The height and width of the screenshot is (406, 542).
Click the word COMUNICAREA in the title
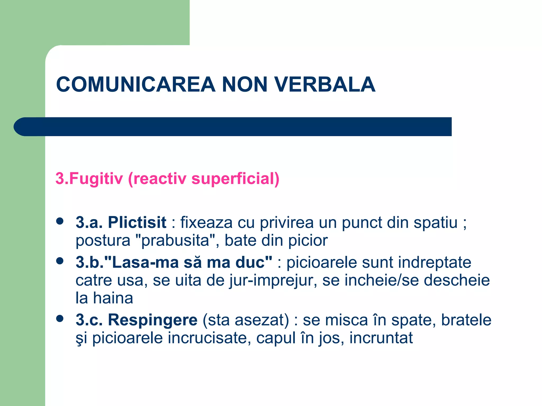pyautogui.click(x=136, y=85)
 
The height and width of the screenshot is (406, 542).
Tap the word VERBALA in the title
pyautogui.click(x=325, y=85)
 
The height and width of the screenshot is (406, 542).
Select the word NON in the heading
pyautogui.click(x=245, y=85)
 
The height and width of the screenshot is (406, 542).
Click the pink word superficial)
pyautogui.click(x=235, y=178)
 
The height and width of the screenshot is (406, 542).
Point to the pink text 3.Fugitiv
pyautogui.click(x=89, y=178)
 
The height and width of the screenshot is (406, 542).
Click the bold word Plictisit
pyautogui.click(x=137, y=222)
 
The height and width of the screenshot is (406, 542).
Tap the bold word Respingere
pyautogui.click(x=152, y=320)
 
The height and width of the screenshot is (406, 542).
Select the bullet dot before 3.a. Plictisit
pyautogui.click(x=60, y=221)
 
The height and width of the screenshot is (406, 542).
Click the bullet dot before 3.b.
pyautogui.click(x=60, y=261)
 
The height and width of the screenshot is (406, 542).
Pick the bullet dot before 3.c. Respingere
pyautogui.click(x=60, y=319)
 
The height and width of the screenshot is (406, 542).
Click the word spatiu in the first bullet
pyautogui.click(x=436, y=223)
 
